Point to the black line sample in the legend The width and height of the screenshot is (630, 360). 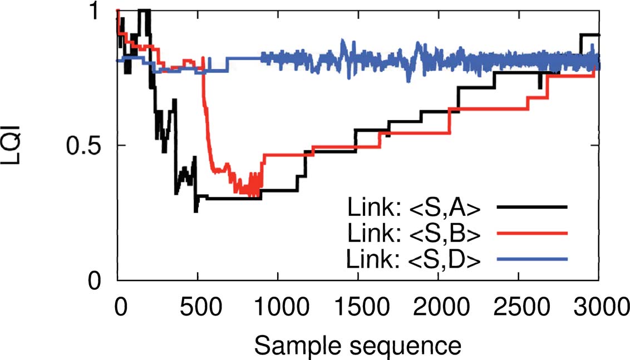pos(533,207)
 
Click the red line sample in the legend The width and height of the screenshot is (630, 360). pos(533,233)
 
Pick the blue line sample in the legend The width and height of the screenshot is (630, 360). pos(533,259)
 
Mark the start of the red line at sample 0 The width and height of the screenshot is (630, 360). pos(117,11)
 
